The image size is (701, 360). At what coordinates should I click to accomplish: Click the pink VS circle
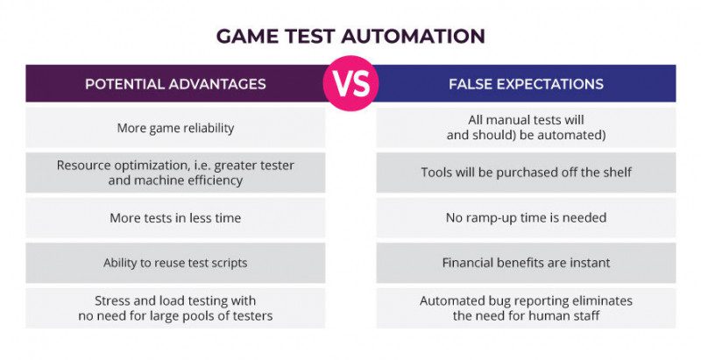point(350,85)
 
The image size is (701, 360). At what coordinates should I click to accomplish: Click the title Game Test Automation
point(350,36)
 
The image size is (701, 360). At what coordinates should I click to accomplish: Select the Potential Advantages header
point(175,85)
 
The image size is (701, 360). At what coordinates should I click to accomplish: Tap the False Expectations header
point(526,85)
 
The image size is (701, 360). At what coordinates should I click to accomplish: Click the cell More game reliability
point(175,128)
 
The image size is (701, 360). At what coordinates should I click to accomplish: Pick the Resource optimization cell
point(175,173)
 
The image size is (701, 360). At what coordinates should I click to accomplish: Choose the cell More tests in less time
point(175,217)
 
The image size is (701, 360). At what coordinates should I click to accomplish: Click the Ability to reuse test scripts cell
point(175,262)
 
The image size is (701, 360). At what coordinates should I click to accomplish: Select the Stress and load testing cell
point(175,307)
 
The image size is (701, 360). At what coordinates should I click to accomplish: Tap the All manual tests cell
point(526,128)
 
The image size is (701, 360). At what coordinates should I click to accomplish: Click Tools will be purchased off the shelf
point(526,173)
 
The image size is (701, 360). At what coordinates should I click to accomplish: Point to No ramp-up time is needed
point(526,217)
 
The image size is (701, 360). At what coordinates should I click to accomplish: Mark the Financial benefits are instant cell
point(526,262)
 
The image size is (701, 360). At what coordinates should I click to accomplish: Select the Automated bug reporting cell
point(526,307)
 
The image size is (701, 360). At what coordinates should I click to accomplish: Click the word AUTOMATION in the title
point(419,36)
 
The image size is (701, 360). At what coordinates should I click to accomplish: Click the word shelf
point(613,173)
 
